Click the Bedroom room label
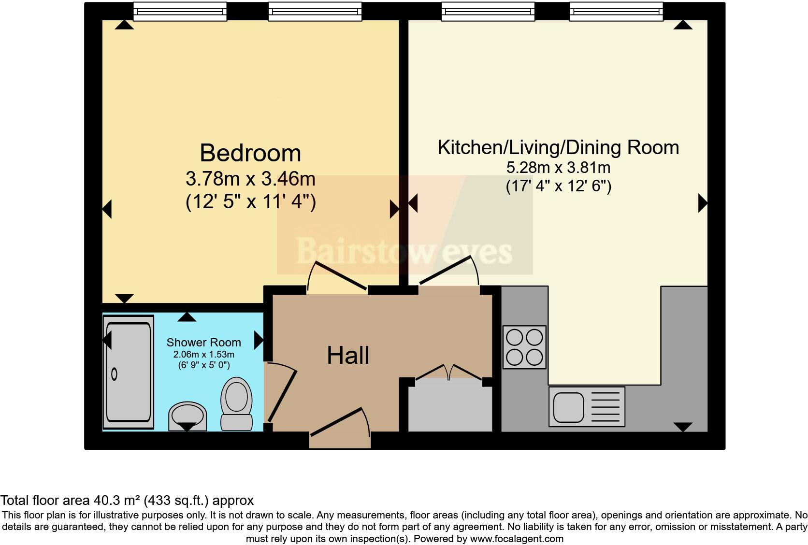250,153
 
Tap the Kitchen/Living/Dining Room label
558,147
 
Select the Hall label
348,355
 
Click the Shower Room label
204,342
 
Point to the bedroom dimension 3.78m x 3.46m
250,179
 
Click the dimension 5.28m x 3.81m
558,168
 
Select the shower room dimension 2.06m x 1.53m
204,355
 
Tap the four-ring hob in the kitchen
524,347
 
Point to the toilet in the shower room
236,403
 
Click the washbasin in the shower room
188,416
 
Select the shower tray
129,372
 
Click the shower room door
281,393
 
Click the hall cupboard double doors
448,372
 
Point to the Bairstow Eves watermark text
404,251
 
